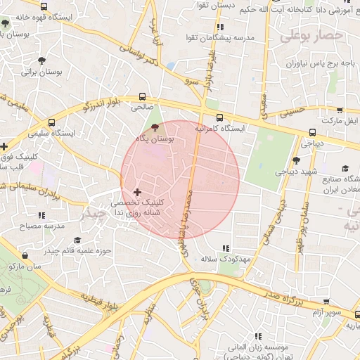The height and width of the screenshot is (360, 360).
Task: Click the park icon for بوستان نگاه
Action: point(155,127)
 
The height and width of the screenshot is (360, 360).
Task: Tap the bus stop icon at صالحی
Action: point(143,96)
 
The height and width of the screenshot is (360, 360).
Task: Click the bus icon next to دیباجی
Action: point(312,131)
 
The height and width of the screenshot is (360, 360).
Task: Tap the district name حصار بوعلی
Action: point(311,35)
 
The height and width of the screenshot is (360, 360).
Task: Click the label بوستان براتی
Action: point(41,72)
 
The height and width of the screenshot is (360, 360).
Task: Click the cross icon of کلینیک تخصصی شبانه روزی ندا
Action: point(136,191)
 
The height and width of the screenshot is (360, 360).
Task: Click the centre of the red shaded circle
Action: point(180,180)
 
